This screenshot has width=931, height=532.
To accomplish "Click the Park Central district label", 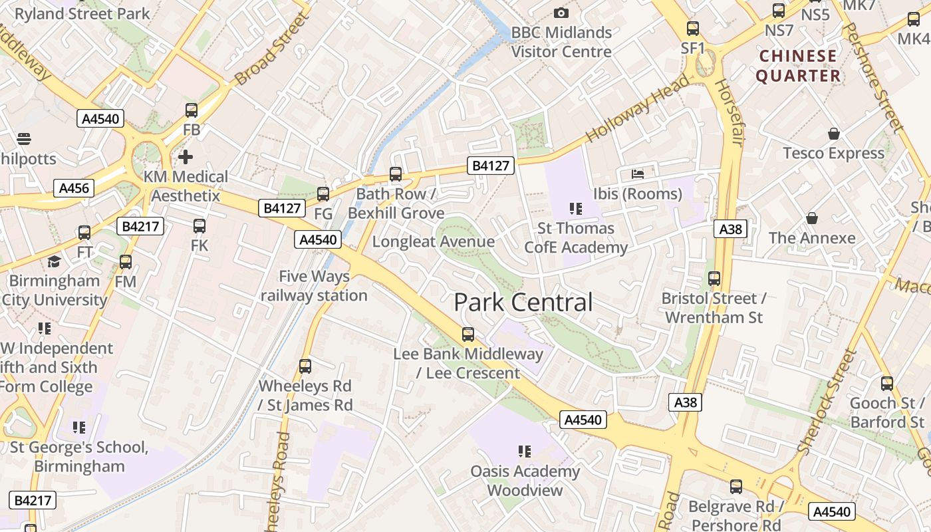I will click(523, 303).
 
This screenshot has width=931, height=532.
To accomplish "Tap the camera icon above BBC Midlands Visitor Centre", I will click(561, 13).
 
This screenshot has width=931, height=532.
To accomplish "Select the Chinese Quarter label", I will click(798, 66).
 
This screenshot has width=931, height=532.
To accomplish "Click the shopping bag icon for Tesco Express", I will click(833, 134).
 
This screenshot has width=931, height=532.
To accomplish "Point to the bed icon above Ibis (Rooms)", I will click(637, 174).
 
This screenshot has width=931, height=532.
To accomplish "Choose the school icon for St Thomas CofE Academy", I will click(576, 209).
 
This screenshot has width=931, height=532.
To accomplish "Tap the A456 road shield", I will click(74, 188).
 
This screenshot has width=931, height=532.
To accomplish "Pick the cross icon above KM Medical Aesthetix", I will click(186, 157).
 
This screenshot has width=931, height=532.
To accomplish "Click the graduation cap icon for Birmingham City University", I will click(54, 261).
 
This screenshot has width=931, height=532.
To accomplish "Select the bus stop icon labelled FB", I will click(192, 110).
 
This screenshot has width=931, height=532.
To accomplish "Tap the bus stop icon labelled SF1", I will click(692, 29).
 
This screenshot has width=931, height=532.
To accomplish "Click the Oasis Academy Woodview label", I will click(525, 481).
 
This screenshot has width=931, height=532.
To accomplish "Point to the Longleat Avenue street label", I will click(433, 241).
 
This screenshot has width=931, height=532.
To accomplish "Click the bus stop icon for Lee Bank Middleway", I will click(468, 334).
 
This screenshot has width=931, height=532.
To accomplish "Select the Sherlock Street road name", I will click(825, 402).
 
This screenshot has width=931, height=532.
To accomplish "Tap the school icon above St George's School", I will click(79, 427).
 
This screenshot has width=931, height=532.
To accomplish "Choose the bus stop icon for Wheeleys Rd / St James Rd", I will click(305, 366).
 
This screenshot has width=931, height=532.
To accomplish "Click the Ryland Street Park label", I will click(82, 13).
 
